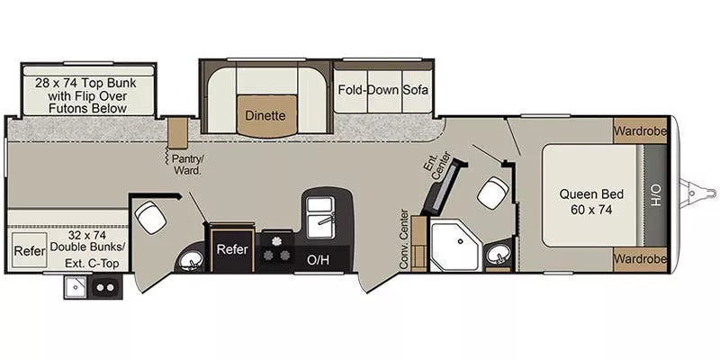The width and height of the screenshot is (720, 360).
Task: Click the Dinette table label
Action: tap(265, 115)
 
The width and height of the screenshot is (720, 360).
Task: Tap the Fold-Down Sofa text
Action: tap(382, 91)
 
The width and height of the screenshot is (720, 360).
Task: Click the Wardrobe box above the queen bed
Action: tap(641, 131)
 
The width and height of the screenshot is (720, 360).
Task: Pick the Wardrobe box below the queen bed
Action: tap(641, 258)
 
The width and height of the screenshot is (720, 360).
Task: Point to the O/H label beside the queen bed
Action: tap(656, 194)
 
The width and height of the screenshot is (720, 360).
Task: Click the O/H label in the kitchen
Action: tap(318, 260)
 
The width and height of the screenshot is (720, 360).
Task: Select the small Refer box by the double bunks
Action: tap(28, 251)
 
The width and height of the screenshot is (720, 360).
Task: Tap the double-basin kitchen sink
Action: tap(320, 217)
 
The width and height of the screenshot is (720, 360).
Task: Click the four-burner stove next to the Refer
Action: tap(277, 248)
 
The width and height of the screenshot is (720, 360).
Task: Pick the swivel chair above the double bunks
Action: tap(149, 216)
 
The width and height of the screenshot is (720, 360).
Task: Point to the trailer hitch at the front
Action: tap(696, 191)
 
